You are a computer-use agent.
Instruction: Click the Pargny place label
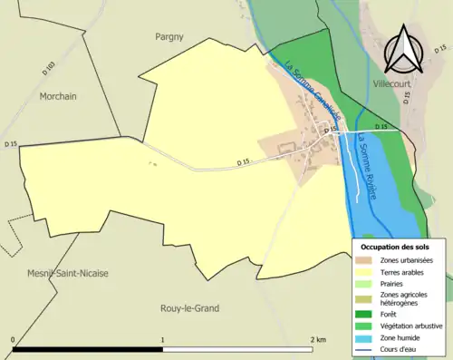169,37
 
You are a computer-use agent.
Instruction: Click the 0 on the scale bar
14,339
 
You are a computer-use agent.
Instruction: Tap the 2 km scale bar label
318,339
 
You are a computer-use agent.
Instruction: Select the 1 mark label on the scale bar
163,339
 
